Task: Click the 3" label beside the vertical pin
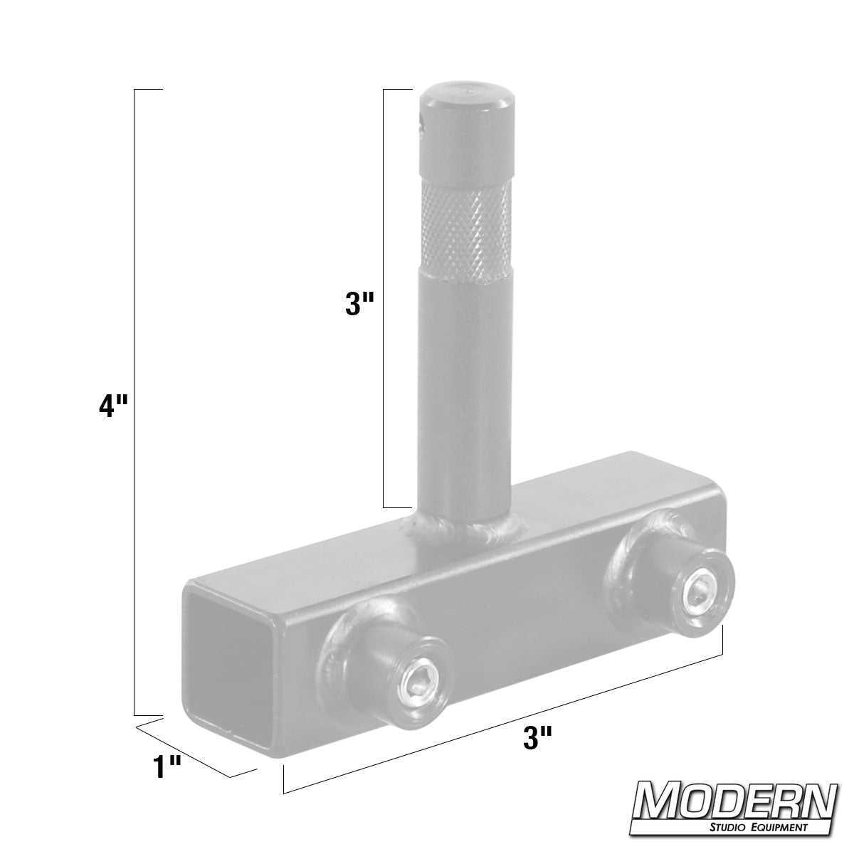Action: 359,305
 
